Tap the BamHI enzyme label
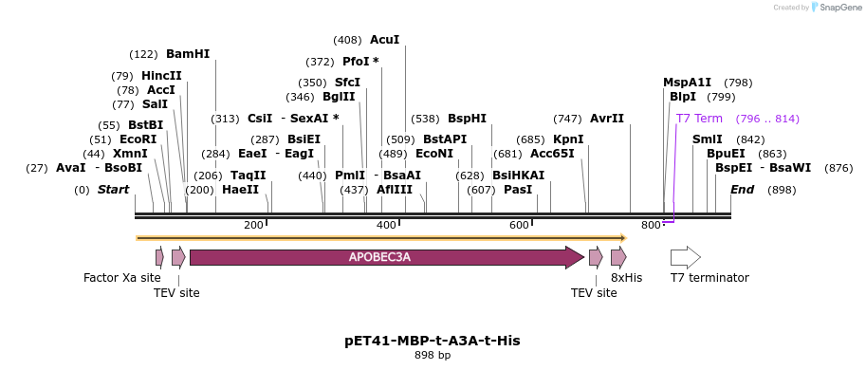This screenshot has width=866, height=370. coord(188,54)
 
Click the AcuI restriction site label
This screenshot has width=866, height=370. coord(384,40)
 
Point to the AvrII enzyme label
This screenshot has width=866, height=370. coord(607,119)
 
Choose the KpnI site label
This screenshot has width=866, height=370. coord(568,139)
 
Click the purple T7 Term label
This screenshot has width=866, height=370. coord(699,119)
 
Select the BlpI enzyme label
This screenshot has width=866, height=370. coord(683,97)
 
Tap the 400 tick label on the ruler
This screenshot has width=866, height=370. coord(387,225)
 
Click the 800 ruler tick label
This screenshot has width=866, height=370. coord(651,225)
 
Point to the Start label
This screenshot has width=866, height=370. coord(113,190)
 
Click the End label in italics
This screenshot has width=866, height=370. coord(742,190)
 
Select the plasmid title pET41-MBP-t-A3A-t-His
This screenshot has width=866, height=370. coord(433,340)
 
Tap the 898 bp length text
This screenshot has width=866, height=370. coord(433,356)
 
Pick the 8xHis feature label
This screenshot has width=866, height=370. coord(626,278)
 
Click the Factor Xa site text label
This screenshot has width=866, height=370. coord(122,278)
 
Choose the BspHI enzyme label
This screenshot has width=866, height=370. coord(467,119)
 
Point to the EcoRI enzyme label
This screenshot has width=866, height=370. coord(138,139)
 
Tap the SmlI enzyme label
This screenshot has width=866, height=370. coord(707,139)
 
